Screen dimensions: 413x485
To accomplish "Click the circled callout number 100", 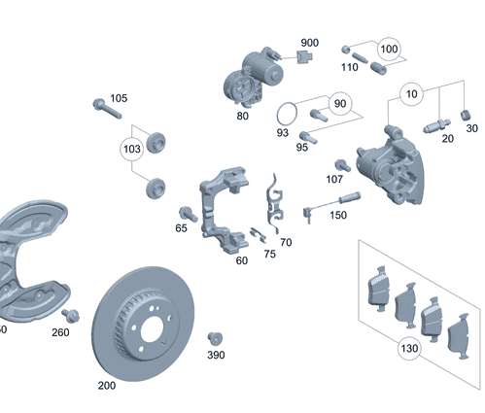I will coord(389,49).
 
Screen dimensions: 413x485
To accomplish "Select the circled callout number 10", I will coord(413,95).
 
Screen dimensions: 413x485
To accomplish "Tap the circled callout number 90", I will coord(339,104).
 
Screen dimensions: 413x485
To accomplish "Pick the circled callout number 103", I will coord(131,150).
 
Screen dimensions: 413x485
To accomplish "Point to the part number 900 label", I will coord(309,44).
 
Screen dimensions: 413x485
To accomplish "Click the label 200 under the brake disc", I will coord(106,385).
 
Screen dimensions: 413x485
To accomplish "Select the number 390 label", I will coord(215,355).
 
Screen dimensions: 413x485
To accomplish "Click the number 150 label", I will coord(337,214).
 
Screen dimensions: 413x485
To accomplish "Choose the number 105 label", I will coord(118,98).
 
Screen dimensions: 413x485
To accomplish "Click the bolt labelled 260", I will coord(69,315).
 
